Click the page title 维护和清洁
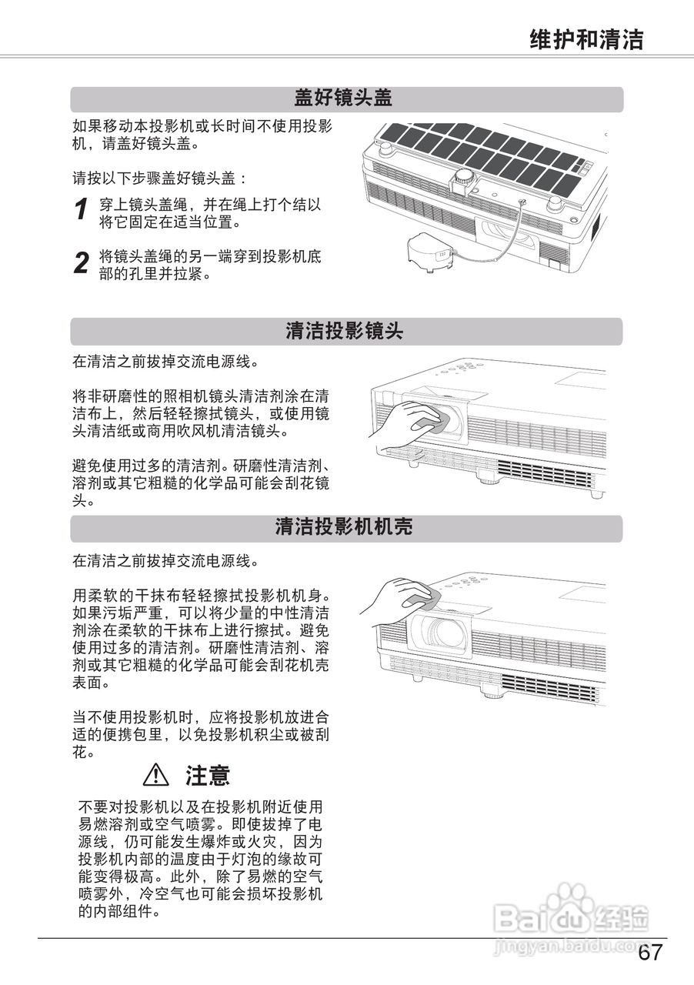pos(586,39)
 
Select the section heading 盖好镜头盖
pos(343,98)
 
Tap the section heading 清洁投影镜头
pos(344,332)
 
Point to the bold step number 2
pos(81,263)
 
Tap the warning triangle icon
pos(156,773)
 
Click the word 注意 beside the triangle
pos(207,774)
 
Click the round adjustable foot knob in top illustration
pos(464,179)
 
